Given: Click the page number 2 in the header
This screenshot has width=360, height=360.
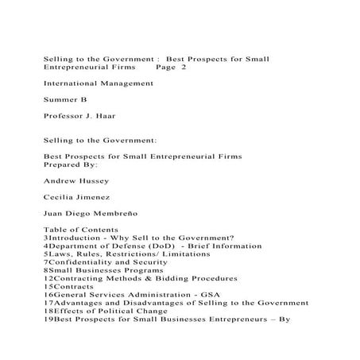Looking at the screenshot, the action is click(184, 68).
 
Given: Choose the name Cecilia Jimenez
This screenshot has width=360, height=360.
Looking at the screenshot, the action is click(77, 196).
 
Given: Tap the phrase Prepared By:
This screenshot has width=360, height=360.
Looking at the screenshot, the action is click(70, 165).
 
